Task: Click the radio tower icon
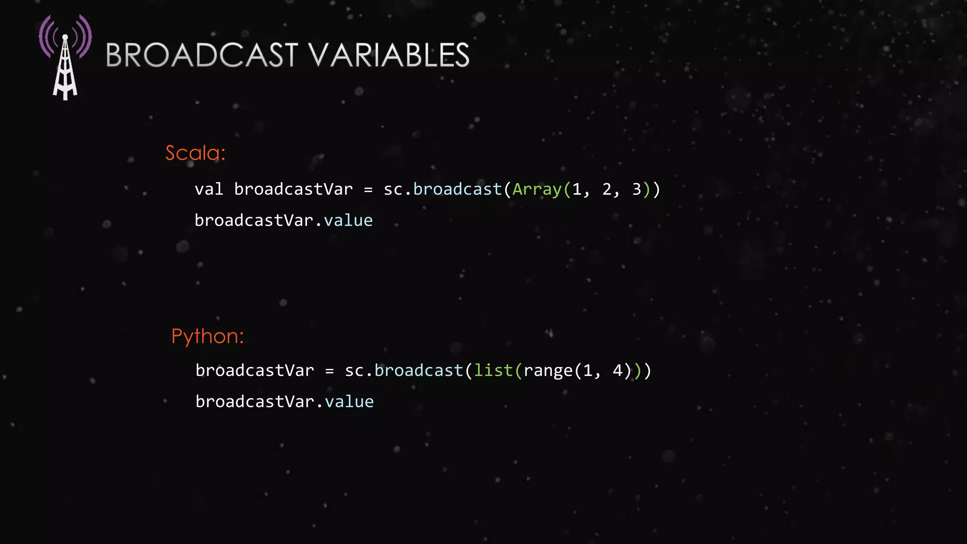click(x=65, y=57)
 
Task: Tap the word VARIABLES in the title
click(x=390, y=55)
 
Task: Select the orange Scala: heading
click(x=195, y=153)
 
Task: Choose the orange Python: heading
click(x=207, y=336)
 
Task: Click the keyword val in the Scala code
click(x=209, y=189)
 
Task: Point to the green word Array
click(x=537, y=189)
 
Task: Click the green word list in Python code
click(x=493, y=371)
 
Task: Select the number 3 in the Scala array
click(x=636, y=189)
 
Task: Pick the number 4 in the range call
click(x=618, y=371)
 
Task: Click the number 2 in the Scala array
click(x=607, y=189)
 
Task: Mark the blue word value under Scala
click(x=348, y=221)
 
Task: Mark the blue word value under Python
click(x=349, y=402)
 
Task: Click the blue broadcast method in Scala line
click(x=457, y=189)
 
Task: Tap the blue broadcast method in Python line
click(x=418, y=371)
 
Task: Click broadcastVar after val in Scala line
click(x=293, y=189)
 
